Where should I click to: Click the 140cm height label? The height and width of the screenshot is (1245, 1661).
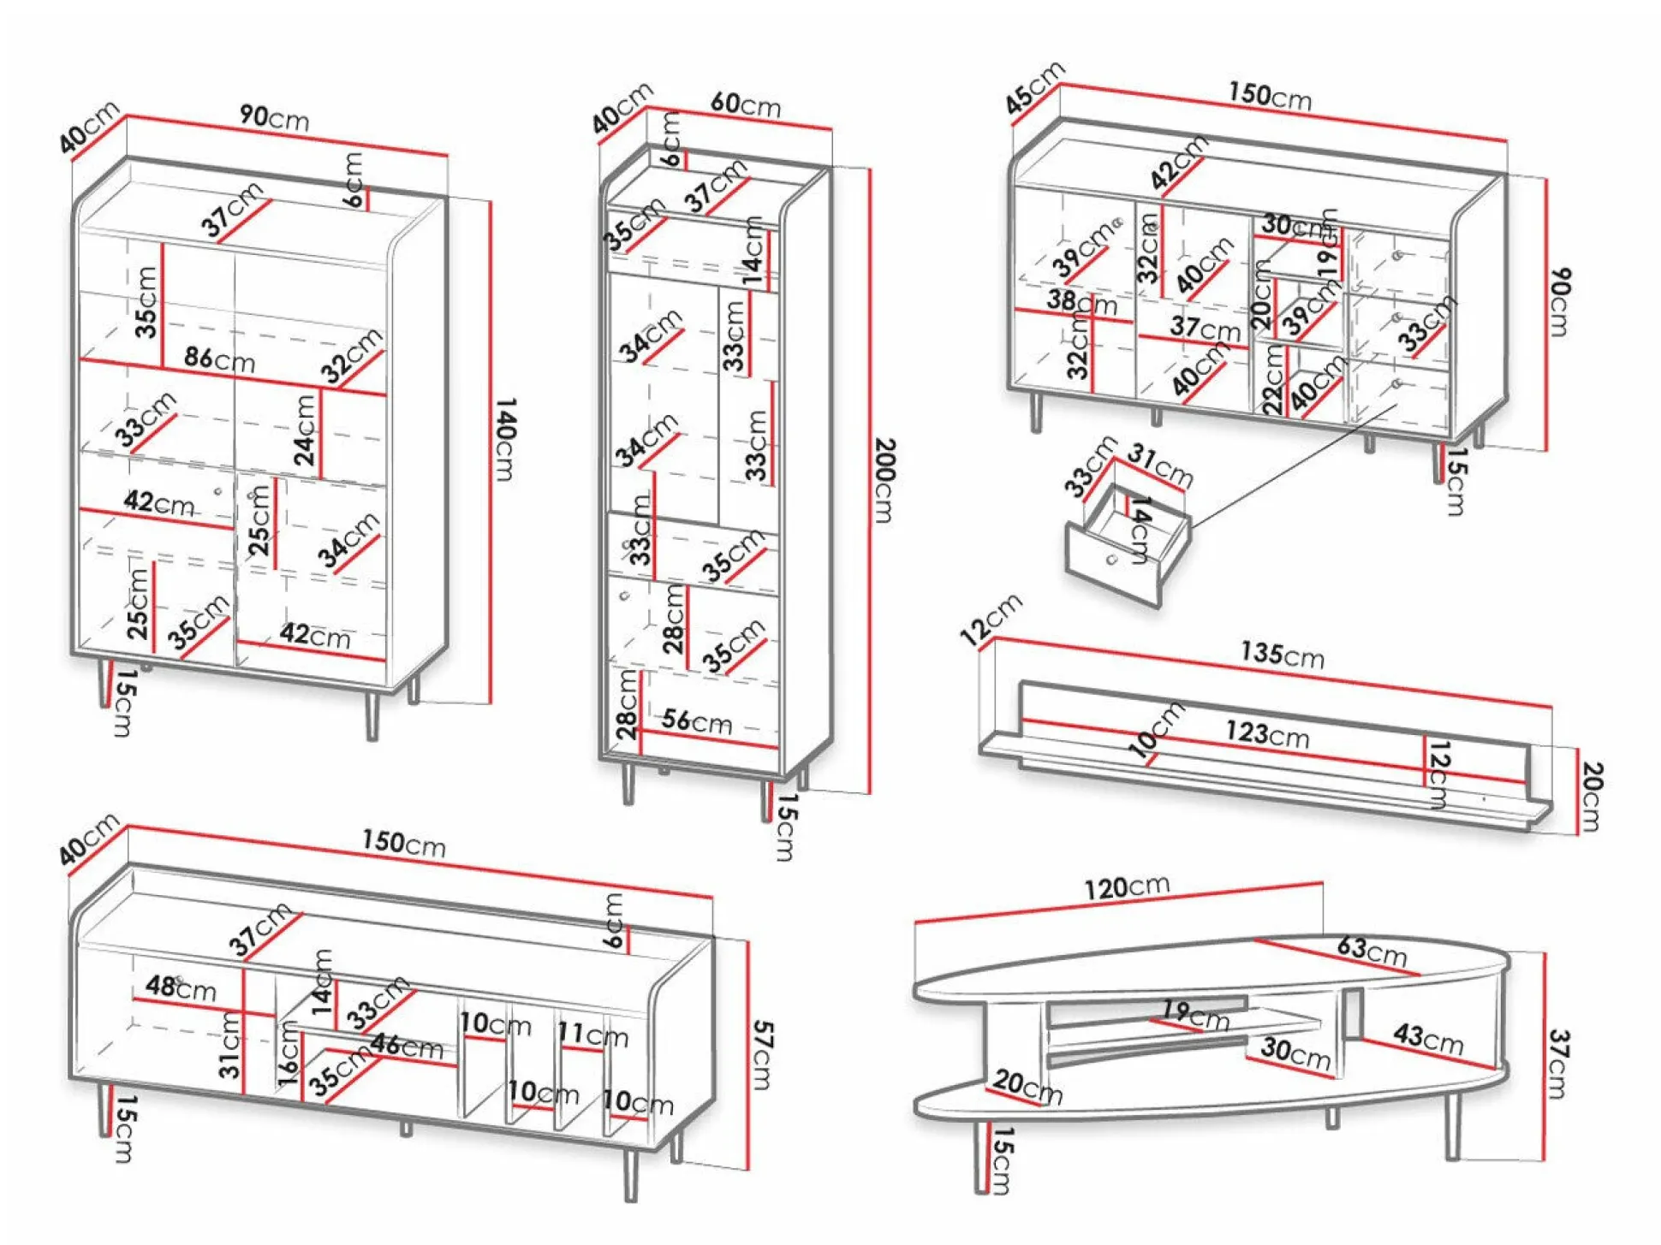[506, 439]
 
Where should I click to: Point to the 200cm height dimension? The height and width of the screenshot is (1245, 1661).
[884, 480]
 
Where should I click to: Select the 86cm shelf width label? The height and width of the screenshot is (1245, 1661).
[219, 359]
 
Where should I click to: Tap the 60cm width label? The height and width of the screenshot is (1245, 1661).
[745, 104]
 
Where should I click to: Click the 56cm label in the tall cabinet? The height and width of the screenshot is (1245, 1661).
[696, 721]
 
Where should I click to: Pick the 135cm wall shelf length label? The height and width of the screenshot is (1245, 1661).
[1282, 655]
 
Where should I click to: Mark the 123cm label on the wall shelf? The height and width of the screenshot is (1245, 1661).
[1266, 733]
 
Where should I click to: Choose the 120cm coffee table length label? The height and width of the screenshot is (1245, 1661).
[1126, 887]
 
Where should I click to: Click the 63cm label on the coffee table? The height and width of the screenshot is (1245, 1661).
[1372, 950]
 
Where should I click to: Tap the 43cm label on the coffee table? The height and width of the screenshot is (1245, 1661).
[1427, 1038]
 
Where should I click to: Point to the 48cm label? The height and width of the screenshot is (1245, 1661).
[180, 987]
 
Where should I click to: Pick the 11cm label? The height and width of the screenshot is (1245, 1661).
[592, 1035]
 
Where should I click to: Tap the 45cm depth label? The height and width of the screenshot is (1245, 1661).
[1033, 87]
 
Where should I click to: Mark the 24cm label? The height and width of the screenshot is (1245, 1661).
[305, 430]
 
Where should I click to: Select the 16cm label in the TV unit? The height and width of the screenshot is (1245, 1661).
[289, 1053]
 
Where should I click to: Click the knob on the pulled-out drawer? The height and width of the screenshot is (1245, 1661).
[1111, 560]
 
